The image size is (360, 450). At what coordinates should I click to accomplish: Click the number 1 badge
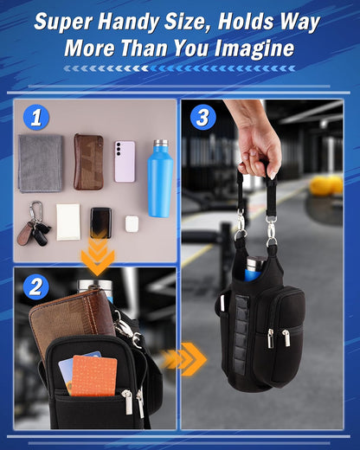point(36,117)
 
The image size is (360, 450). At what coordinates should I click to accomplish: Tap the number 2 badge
point(36,286)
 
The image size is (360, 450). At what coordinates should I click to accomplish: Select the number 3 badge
point(203,117)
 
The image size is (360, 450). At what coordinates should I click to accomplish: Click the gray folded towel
point(41,163)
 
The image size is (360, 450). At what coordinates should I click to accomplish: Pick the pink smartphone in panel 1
point(125,162)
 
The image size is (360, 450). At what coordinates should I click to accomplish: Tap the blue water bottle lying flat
point(160,178)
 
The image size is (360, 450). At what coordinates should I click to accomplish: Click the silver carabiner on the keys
point(36,210)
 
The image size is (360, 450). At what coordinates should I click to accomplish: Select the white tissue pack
point(68,222)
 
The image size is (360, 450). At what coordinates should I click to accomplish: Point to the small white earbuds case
point(132,224)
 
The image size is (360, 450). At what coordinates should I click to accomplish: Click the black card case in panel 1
point(100,222)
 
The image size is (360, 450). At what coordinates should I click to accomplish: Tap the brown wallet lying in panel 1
point(88,162)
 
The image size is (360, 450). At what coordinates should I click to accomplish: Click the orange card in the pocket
point(93,376)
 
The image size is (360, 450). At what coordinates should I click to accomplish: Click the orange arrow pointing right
point(184,359)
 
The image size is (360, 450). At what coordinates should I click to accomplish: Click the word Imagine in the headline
point(254,48)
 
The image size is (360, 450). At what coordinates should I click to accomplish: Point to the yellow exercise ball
point(326,185)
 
